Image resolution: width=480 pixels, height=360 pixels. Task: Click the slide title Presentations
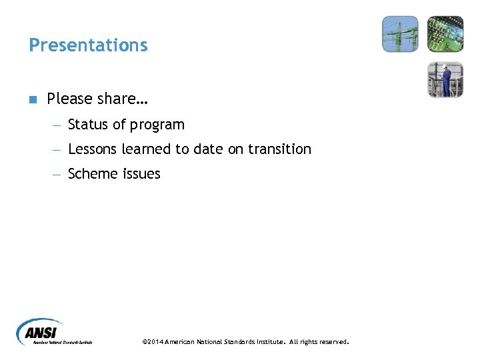[88, 45]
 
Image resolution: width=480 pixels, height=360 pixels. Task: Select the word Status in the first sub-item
[87, 125]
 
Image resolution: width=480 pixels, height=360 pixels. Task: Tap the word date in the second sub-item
[209, 149]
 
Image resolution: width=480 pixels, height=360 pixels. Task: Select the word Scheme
[94, 174]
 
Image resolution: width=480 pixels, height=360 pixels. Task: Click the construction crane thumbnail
[400, 34]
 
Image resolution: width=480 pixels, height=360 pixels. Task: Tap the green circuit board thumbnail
[445, 34]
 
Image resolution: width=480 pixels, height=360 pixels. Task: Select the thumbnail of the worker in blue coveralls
[445, 79]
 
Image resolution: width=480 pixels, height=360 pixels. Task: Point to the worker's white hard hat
[447, 66]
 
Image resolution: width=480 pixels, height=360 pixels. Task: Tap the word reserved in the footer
[332, 342]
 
